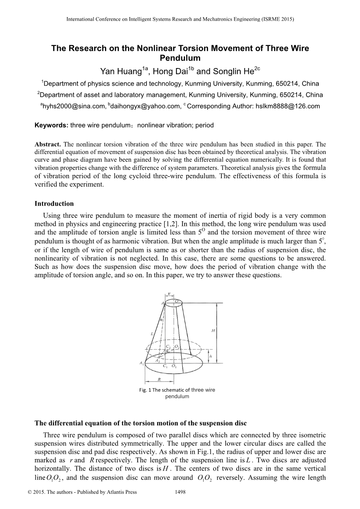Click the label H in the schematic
(213, 330)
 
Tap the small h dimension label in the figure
(210, 356)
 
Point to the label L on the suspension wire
(152, 333)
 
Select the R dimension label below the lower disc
(159, 379)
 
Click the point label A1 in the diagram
(141, 364)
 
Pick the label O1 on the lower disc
(174, 366)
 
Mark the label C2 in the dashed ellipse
(168, 346)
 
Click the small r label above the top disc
(169, 294)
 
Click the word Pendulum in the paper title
(180, 58)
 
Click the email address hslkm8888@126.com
(288, 106)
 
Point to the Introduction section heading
(54, 203)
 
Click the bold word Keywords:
(51, 125)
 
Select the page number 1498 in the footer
(180, 492)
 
